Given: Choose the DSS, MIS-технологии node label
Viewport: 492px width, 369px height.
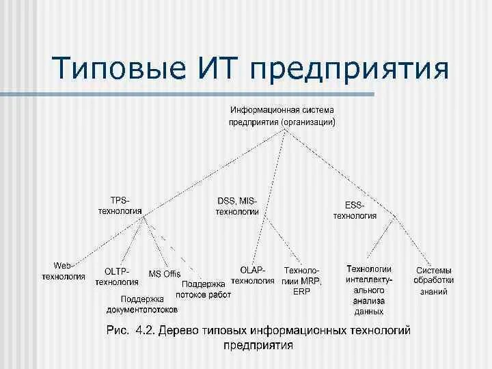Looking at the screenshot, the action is pos(237,206).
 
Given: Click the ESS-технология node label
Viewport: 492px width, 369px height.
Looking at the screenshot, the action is pos(355,210).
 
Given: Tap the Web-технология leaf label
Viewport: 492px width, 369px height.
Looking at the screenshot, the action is pos(63,271).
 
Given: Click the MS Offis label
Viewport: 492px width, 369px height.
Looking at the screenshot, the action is pos(165,273).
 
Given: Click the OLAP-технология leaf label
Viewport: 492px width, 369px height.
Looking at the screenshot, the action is pos(253,275).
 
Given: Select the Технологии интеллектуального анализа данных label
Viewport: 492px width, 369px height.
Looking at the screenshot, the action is pos(369,290).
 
